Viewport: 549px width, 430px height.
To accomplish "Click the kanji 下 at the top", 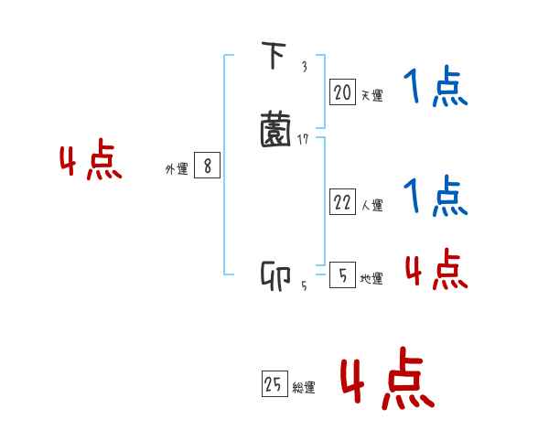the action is coord(273,58).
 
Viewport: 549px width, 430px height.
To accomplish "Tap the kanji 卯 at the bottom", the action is coord(275,275).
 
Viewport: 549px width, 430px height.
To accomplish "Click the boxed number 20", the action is coord(342,92).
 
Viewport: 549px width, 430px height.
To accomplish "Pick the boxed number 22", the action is coord(342,203).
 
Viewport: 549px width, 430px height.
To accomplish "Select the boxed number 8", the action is coord(208,167).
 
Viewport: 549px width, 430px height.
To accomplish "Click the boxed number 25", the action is coord(274,385).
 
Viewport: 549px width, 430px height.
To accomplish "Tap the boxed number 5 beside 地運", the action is coord(341,275).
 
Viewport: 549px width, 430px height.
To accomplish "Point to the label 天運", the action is coord(371,95).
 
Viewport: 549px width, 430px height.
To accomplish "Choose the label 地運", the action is coord(371,279).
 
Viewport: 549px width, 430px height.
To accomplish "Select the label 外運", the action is coord(177,169).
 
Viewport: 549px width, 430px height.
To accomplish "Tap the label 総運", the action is coord(305,388).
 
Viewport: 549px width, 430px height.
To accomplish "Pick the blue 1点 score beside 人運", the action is coord(436,196).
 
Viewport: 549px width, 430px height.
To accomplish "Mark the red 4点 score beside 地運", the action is coord(436,269).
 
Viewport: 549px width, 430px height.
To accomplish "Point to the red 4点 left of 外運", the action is coord(91,161).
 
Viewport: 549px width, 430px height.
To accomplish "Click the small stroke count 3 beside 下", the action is coord(304,67).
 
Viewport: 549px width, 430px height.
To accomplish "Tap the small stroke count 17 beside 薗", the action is coord(304,139).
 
